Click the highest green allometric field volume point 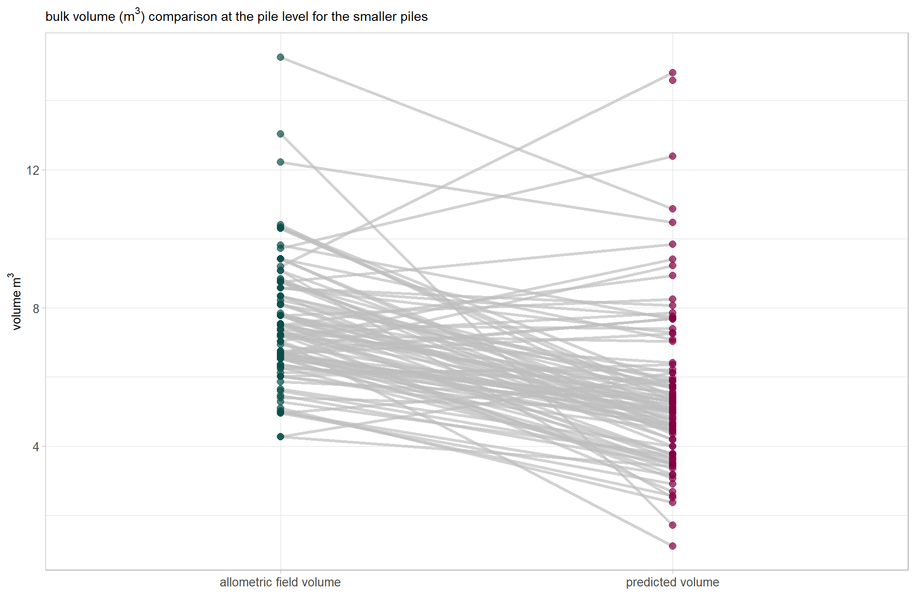(280, 57)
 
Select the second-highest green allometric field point (280, 134)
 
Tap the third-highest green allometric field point (280, 162)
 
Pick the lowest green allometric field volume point (280, 437)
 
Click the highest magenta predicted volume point (673, 73)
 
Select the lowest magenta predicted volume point (673, 546)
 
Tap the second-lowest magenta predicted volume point (673, 525)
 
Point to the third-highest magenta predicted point (673, 156)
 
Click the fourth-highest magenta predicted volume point (673, 209)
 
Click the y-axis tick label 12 (33, 171)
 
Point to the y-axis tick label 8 (36, 309)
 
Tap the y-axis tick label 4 (36, 447)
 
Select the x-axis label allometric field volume (280, 582)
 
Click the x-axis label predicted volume (672, 582)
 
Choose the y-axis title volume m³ (16, 301)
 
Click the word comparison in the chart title (183, 17)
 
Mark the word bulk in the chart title (57, 17)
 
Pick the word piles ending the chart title (413, 17)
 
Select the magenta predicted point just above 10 (673, 222)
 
